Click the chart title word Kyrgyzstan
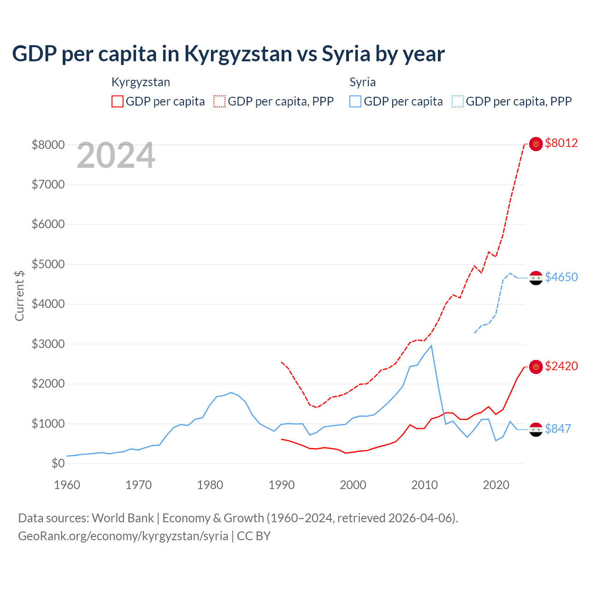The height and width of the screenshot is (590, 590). click(238, 54)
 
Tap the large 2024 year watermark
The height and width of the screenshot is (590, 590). click(116, 155)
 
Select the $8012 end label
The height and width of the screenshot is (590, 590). click(561, 143)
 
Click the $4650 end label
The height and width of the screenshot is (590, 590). click(561, 277)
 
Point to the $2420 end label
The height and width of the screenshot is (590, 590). click(561, 366)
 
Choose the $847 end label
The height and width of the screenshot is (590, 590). click(558, 429)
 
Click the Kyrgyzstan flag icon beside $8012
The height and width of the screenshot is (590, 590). click(536, 144)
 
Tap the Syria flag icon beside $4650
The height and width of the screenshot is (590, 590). click(536, 278)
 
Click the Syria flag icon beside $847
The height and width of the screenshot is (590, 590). click(536, 429)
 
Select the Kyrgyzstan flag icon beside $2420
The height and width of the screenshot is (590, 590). click(536, 367)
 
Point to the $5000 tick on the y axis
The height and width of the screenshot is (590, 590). click(48, 264)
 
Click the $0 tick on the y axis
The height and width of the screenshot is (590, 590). click(58, 463)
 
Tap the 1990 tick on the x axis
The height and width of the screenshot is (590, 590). click(282, 485)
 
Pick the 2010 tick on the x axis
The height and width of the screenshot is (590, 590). click(425, 485)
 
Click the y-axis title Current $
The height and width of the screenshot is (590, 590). click(19, 295)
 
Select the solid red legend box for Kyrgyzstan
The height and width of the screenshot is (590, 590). click(118, 101)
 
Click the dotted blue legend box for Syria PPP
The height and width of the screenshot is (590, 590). click(458, 101)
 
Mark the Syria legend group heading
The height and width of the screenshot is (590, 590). click(362, 82)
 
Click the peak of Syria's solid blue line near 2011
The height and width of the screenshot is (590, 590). click(431, 345)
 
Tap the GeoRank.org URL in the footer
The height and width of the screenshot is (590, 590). click(123, 536)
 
